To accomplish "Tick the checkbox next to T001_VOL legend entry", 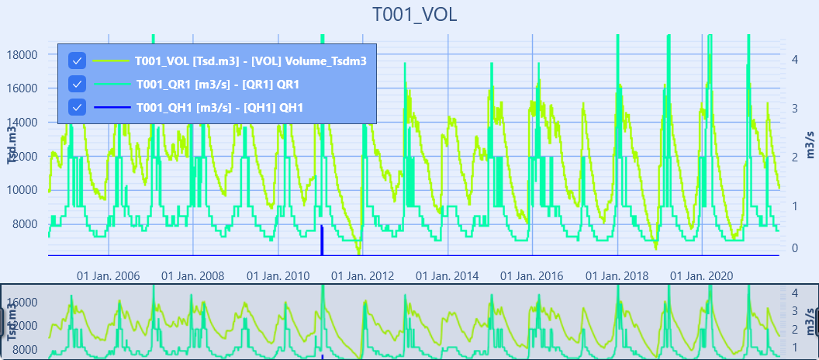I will click(77, 61).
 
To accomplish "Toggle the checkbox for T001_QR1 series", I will click(77, 84).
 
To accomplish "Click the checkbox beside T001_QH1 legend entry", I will click(77, 108).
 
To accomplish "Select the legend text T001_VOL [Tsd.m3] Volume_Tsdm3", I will click(250, 61).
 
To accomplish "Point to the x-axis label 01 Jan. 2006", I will click(108, 276).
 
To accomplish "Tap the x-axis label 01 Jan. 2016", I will click(531, 276).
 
